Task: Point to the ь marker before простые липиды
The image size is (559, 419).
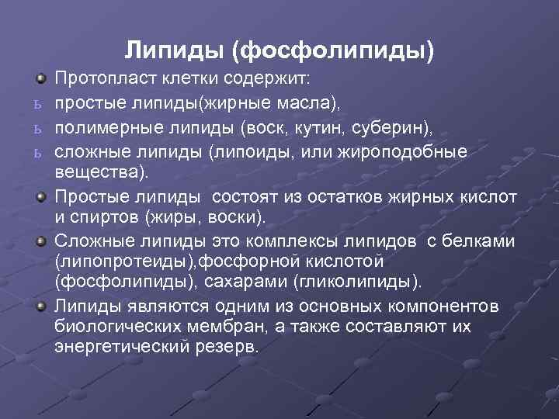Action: [x=37, y=103]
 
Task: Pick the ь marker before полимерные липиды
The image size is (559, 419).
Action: [x=37, y=126]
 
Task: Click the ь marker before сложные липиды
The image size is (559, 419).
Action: [x=37, y=151]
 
